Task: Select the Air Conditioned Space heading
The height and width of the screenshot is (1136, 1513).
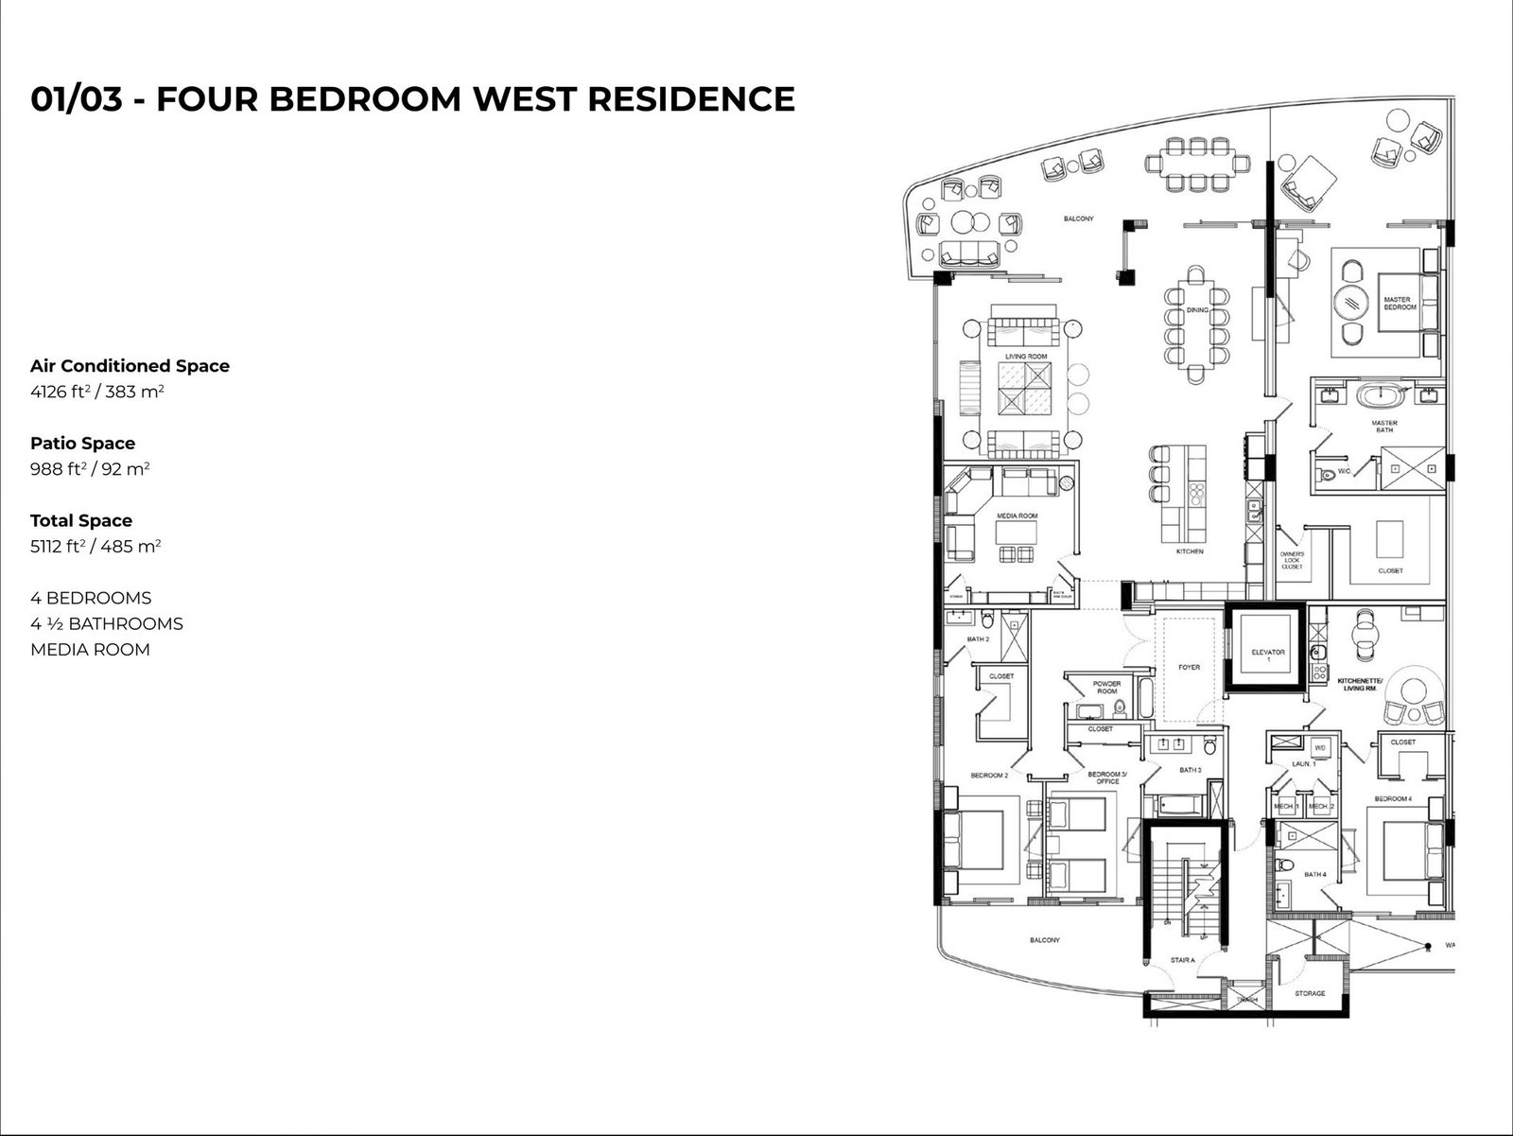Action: pyautogui.click(x=130, y=366)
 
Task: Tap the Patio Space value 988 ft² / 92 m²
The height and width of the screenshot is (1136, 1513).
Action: pyautogui.click(x=90, y=468)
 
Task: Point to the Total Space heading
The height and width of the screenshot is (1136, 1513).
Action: pyautogui.click(x=81, y=520)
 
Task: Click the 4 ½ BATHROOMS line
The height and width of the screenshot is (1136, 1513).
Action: pyautogui.click(x=107, y=623)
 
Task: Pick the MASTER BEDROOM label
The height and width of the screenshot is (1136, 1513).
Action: pyautogui.click(x=1400, y=304)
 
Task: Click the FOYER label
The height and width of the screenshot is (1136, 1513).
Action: pyautogui.click(x=1189, y=668)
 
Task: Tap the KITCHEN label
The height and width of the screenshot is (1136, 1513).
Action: pyautogui.click(x=1189, y=551)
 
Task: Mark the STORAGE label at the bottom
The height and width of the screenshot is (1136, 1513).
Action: pyautogui.click(x=1310, y=993)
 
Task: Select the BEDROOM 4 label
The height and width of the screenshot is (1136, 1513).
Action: pyautogui.click(x=1393, y=799)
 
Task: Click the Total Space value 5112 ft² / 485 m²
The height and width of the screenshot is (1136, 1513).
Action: pyautogui.click(x=96, y=546)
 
